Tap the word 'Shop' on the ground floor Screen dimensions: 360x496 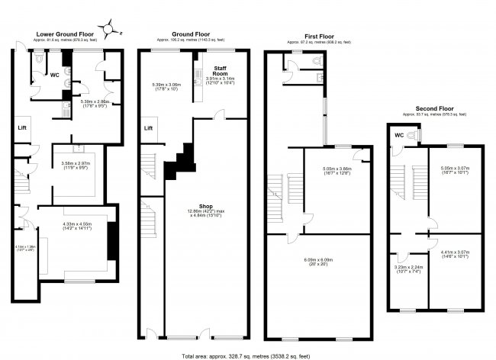[x=205, y=206]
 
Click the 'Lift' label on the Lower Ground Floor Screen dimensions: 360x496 [x=23, y=128]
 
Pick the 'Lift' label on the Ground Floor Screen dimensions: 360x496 [x=150, y=128]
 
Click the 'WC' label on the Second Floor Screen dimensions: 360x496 [x=399, y=136]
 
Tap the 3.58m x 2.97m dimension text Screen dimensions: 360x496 [x=76, y=165]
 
